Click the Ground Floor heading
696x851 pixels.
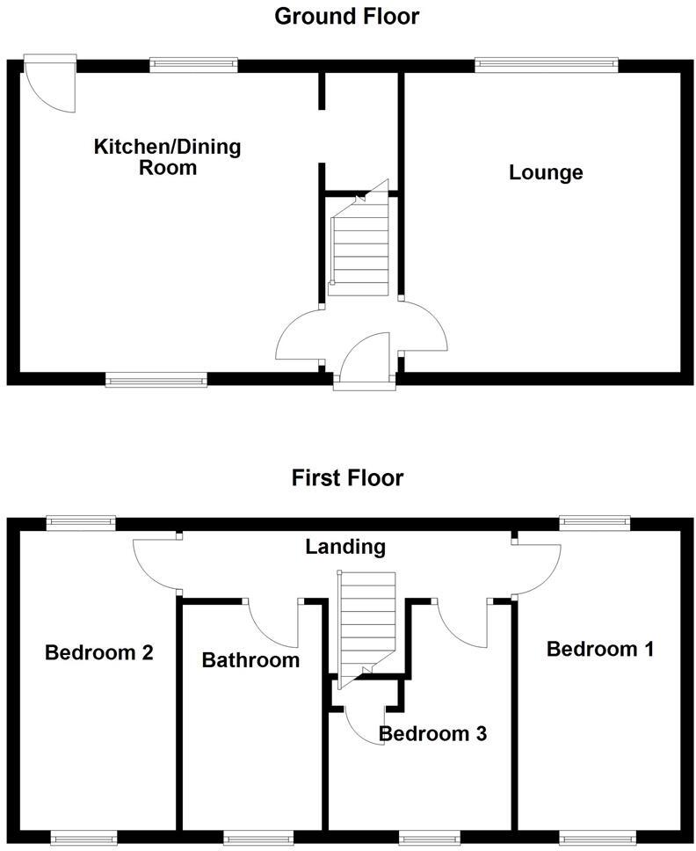pos(347,16)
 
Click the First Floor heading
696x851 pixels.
pos(347,478)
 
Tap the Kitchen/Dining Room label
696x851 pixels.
pos(167,156)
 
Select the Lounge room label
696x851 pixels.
pos(546,172)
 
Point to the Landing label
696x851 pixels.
pos(345,547)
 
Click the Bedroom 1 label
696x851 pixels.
pos(600,650)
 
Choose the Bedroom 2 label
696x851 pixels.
pos(99,653)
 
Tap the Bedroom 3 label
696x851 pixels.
pos(432,733)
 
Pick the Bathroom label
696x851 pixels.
pos(250,660)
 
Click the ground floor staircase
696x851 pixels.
pos(359,246)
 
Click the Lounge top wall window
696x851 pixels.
pos(546,63)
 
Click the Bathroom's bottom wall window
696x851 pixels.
pos(255,838)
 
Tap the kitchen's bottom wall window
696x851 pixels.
pos(156,380)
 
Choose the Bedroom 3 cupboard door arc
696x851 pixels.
pos(363,726)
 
